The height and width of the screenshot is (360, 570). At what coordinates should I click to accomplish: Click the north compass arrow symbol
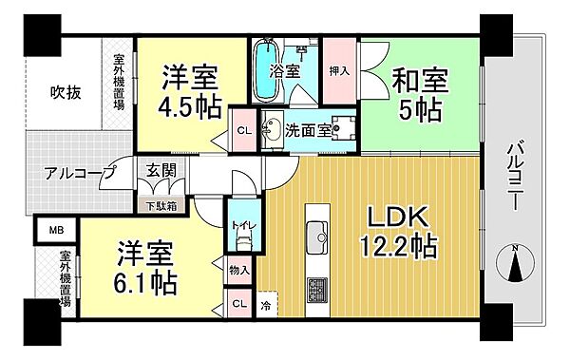516,268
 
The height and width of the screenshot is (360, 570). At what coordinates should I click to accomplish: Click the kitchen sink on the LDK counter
315,232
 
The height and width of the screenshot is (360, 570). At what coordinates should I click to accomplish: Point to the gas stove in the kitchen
315,288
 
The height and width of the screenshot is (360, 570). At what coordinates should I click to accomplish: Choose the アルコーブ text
78,173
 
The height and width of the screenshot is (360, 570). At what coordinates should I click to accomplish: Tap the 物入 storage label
239,272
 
